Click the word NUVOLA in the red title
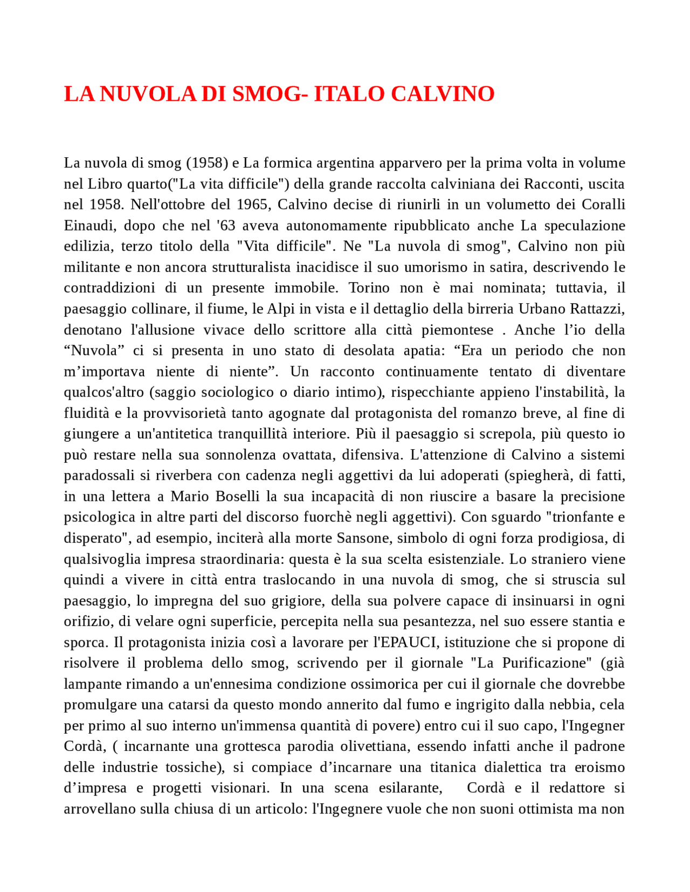tap(147, 94)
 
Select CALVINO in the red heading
tap(443, 94)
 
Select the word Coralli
tap(603, 205)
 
